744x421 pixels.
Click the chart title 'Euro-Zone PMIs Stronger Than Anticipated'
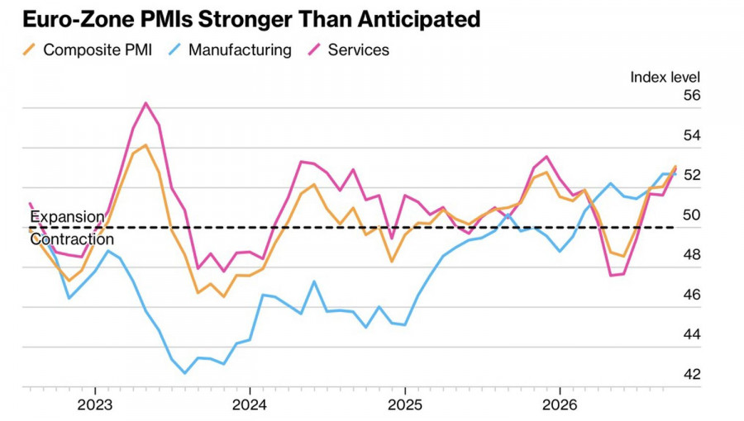point(251,20)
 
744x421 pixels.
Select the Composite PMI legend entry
point(88,50)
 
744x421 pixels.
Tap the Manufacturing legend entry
point(230,50)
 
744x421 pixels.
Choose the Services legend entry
point(349,50)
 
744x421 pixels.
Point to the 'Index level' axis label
point(665,78)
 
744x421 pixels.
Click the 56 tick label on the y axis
point(691,95)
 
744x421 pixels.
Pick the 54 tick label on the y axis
point(691,135)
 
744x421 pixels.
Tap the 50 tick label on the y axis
point(691,215)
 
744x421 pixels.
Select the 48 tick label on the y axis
point(691,255)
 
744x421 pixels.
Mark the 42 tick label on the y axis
point(691,374)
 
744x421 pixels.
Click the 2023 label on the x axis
point(95,404)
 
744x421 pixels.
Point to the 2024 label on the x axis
point(250,404)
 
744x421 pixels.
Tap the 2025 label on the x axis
point(405,404)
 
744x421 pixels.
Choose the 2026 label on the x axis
point(560,404)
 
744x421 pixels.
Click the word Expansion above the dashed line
point(67,217)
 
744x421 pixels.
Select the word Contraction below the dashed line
point(72,239)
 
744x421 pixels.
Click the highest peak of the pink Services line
point(145,102)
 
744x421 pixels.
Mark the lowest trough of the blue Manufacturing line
point(184,373)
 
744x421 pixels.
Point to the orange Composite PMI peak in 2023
point(145,145)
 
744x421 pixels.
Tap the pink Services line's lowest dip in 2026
point(610,275)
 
